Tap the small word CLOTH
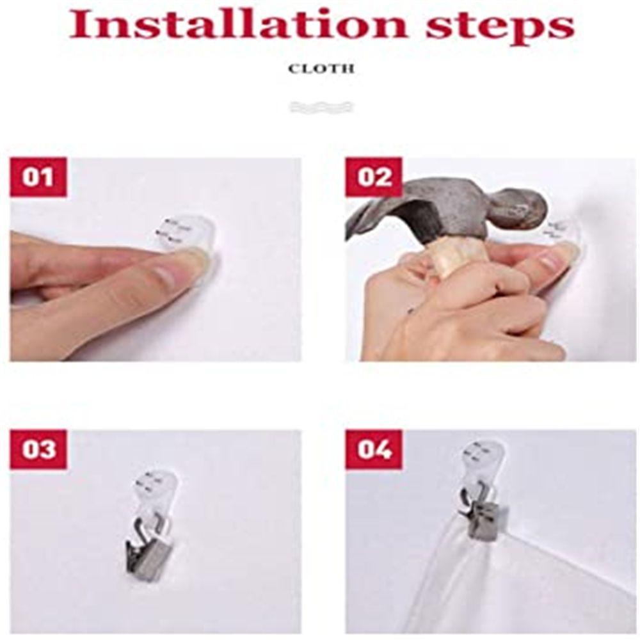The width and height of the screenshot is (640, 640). [x=321, y=69]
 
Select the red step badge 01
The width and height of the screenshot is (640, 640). [x=38, y=177]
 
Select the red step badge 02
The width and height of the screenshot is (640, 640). [x=374, y=177]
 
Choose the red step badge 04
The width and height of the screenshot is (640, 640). [x=374, y=449]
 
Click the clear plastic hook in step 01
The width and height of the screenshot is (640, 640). [x=186, y=233]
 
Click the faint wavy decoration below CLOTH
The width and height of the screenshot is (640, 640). [x=321, y=107]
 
